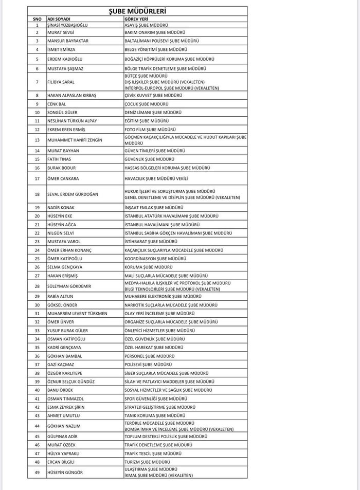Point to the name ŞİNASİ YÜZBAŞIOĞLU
69,24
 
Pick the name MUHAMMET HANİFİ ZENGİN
74,139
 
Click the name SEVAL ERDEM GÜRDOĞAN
74,194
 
